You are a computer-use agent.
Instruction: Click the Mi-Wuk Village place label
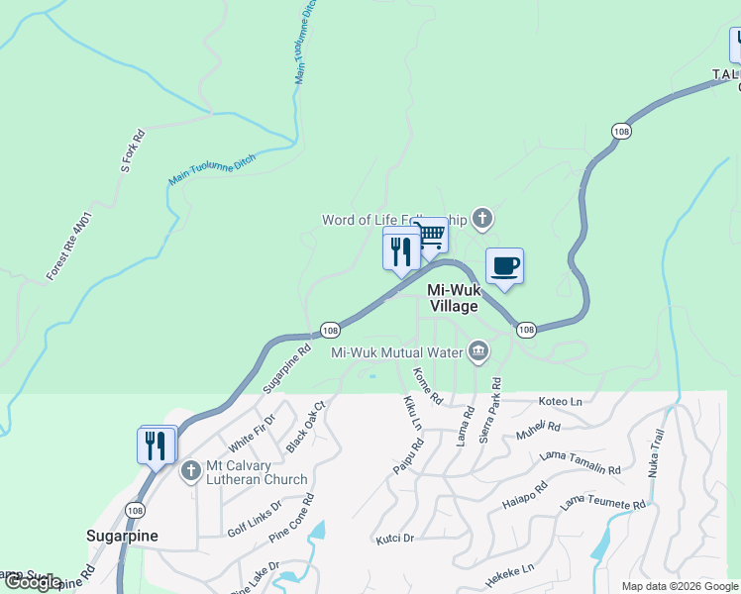(453, 298)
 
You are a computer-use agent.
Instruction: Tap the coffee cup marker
(504, 266)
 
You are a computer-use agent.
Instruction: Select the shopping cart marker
(430, 237)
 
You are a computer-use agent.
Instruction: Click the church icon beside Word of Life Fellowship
(481, 219)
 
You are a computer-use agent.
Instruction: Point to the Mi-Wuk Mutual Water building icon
(478, 351)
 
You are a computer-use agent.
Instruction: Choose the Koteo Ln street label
(561, 402)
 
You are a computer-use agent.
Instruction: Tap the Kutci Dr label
(394, 539)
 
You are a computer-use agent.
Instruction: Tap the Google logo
(33, 583)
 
